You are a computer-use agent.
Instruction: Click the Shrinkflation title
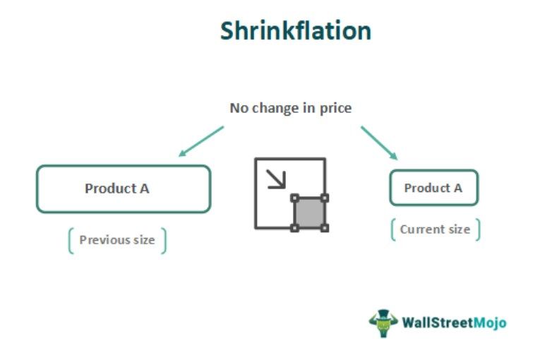pos(295,31)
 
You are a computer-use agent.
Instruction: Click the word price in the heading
pos(335,108)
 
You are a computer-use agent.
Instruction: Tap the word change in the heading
pos(273,108)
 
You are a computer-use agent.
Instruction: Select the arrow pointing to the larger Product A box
pos(200,141)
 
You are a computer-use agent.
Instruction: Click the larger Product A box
pos(124,189)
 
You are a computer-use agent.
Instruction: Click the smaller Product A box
pos(433,188)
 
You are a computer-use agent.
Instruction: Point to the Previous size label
pos(116,240)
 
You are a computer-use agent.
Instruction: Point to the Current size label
pos(435,229)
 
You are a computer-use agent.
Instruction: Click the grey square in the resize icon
pos(309,212)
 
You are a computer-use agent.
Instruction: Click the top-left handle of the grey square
pos(294,198)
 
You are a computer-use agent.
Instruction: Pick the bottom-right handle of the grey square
pos(325,228)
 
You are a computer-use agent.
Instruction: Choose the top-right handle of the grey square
pos(325,198)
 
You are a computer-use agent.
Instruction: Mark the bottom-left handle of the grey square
pos(294,228)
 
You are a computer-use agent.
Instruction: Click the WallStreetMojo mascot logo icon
pos(383,323)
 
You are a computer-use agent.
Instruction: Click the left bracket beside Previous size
pos(71,241)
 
